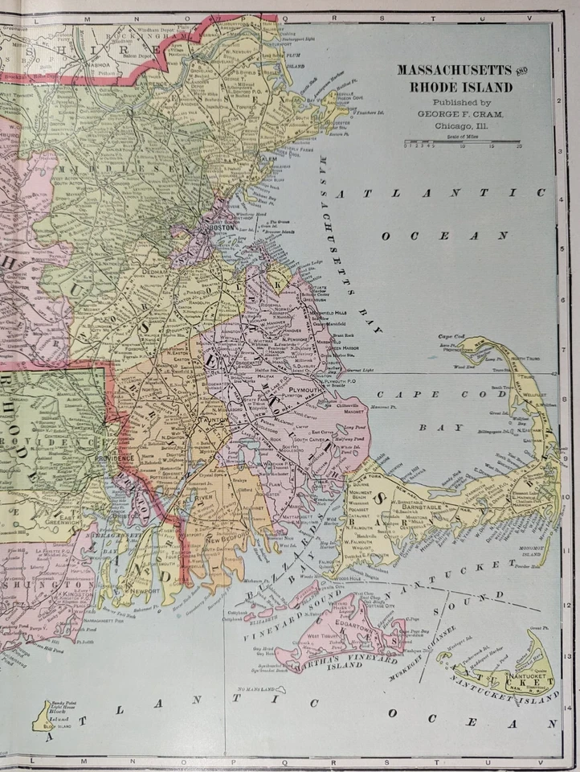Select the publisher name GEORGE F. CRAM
coord(460,114)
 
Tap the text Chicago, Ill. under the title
coord(460,125)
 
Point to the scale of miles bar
coord(462,142)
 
